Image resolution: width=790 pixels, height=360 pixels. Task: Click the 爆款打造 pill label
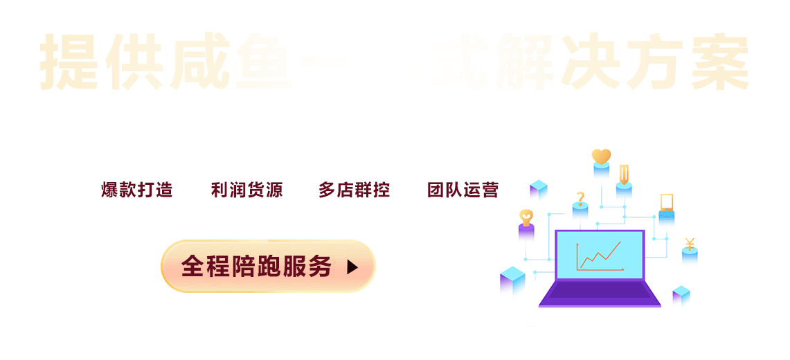coord(138,190)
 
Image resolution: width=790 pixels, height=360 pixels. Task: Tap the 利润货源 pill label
coord(245,190)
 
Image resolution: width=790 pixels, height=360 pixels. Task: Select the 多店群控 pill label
coord(354,190)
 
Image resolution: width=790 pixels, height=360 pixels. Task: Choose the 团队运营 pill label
coord(461,190)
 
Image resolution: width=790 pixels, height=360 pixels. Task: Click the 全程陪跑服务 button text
coord(257,267)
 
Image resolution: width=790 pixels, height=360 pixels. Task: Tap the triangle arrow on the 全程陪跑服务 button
coord(352,267)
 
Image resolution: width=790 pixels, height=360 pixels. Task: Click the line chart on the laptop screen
coord(600,255)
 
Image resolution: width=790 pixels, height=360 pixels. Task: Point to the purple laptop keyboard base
coord(600,294)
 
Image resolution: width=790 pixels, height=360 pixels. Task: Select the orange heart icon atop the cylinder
coord(601,156)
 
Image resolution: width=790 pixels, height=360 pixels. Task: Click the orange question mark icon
coord(580,197)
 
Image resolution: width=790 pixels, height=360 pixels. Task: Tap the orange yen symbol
coord(690,243)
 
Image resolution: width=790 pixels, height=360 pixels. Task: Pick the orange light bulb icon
coord(526,216)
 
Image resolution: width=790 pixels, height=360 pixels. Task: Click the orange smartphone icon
coord(666,202)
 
